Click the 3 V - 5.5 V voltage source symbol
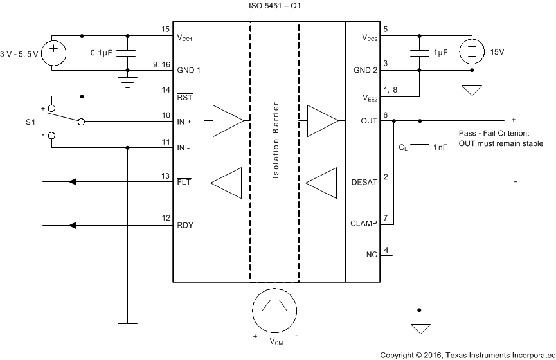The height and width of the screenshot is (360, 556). (53, 51)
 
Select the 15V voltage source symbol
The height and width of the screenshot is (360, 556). (472, 51)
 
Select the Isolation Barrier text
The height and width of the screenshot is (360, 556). (275, 141)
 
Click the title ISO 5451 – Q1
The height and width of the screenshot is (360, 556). (275, 6)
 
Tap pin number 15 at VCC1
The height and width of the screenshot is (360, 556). (165, 30)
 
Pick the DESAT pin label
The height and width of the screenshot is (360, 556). (364, 183)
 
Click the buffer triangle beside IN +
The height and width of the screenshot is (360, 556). (227, 120)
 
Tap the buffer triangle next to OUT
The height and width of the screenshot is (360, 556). (321, 120)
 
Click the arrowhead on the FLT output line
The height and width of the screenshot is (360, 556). (73, 183)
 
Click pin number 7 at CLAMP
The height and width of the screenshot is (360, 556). (385, 218)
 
